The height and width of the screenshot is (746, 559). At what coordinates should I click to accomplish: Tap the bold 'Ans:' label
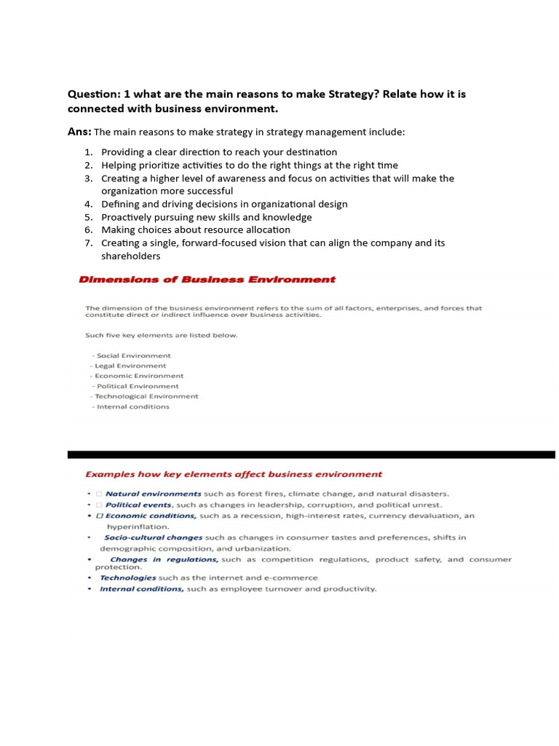pyautogui.click(x=79, y=132)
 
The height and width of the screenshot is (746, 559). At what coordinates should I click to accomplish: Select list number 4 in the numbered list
pyautogui.click(x=88, y=204)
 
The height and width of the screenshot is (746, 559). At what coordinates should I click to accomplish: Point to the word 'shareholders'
pyautogui.click(x=130, y=256)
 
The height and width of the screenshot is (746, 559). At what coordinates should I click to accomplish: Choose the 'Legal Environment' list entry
pyautogui.click(x=130, y=366)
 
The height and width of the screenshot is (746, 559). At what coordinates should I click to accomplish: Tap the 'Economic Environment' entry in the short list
pyautogui.click(x=138, y=376)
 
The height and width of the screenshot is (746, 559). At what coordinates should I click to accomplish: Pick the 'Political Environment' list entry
pyautogui.click(x=137, y=386)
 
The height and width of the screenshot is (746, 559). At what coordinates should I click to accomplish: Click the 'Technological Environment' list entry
pyautogui.click(x=146, y=396)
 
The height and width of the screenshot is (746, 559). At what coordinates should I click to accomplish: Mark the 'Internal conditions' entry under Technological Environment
pyautogui.click(x=132, y=407)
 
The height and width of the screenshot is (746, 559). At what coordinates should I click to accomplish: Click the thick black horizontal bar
pyautogui.click(x=311, y=455)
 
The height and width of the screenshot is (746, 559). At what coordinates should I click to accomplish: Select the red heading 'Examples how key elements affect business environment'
pyautogui.click(x=234, y=474)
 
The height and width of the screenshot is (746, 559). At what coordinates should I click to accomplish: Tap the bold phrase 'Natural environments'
pyautogui.click(x=153, y=494)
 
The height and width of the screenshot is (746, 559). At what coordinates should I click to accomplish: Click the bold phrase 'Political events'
pyautogui.click(x=138, y=505)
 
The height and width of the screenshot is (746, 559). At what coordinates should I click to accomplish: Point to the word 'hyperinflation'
pyautogui.click(x=138, y=526)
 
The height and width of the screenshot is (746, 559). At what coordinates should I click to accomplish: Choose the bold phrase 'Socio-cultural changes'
pyautogui.click(x=154, y=538)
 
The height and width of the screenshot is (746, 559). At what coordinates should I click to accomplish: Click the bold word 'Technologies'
pyautogui.click(x=128, y=578)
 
